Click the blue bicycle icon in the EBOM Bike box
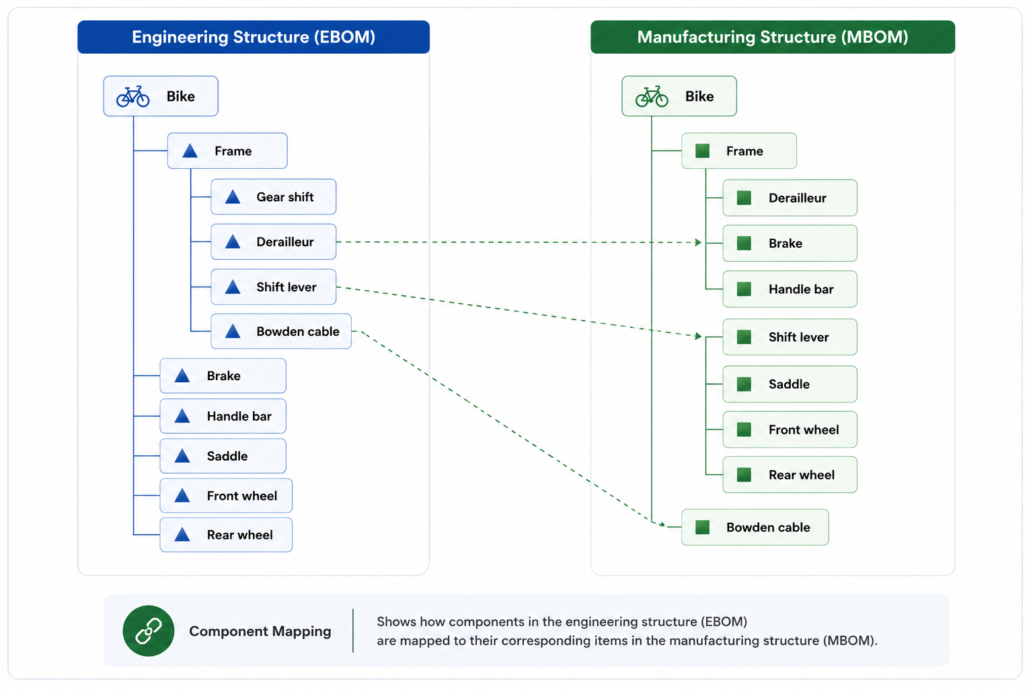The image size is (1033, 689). [x=132, y=96]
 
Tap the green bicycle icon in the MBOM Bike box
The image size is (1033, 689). [x=652, y=96]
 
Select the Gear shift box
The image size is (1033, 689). [x=274, y=196]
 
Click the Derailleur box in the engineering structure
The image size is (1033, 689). [x=274, y=242]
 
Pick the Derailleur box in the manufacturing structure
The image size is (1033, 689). [x=790, y=198]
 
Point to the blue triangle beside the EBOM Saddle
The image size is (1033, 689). [x=182, y=456]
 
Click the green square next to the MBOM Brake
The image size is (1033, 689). [x=744, y=243]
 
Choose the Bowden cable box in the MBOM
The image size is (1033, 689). [x=755, y=527]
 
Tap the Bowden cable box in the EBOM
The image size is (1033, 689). [x=281, y=331]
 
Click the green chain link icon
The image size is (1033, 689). [x=149, y=631]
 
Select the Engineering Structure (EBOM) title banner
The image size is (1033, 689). [x=254, y=37]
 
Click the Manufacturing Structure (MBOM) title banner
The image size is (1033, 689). [x=773, y=37]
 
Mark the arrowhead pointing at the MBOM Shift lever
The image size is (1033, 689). [x=699, y=336]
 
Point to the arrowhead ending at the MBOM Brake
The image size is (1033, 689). [x=699, y=242]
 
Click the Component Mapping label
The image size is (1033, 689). [x=260, y=631]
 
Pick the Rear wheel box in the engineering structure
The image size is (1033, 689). [x=226, y=535]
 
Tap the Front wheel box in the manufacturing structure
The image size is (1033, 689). [x=790, y=430]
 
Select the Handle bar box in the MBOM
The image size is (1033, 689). [x=790, y=289]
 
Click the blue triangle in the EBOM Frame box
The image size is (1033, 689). [x=190, y=151]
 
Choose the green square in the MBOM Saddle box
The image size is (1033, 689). [x=744, y=384]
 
